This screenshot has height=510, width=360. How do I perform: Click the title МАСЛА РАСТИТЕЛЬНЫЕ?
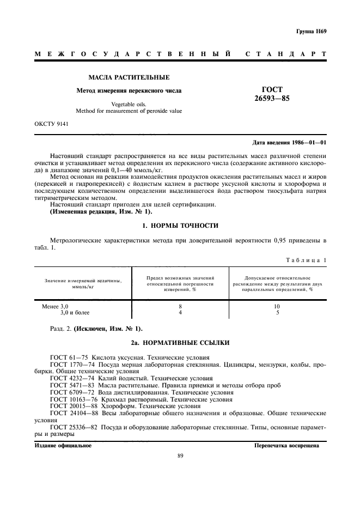click(x=129, y=77)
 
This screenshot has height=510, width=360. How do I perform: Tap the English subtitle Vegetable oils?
click(x=129, y=105)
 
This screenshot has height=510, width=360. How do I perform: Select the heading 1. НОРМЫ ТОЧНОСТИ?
click(x=180, y=209)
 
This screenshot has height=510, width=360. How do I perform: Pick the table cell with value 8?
click(x=180, y=307)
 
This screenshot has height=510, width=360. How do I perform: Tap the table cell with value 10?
click(x=277, y=307)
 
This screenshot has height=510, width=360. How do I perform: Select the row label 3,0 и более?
click(x=74, y=313)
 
